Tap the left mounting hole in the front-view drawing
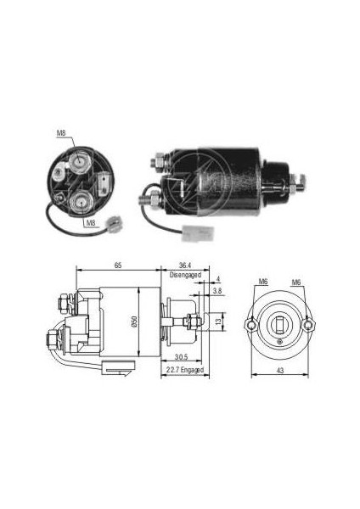pos(251,324)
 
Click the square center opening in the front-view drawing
pos(281,323)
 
